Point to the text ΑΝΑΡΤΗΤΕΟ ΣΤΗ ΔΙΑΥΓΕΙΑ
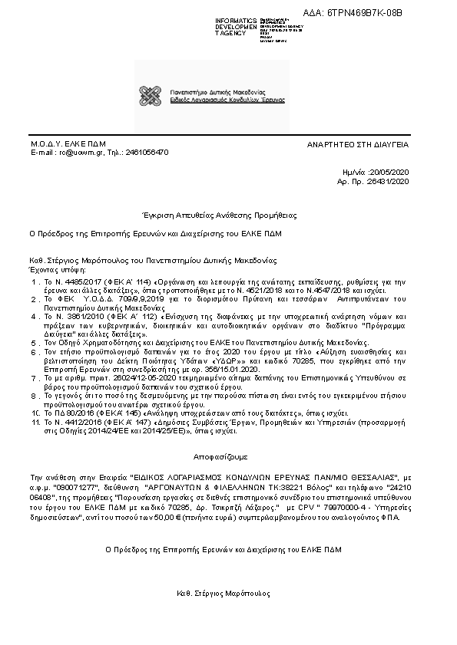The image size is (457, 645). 357,144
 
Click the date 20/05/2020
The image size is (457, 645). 390,174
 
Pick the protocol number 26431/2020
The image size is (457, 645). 390,182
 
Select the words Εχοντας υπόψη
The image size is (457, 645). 57,269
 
